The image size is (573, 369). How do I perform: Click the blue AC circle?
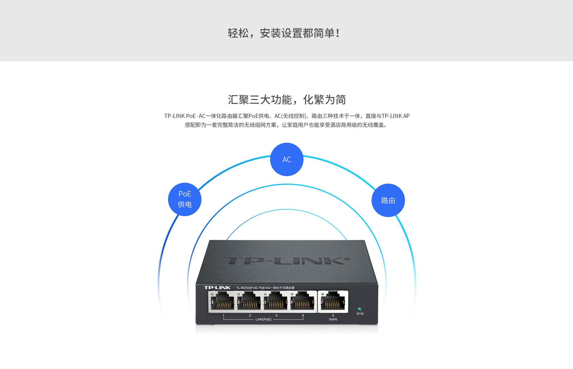coord(286,159)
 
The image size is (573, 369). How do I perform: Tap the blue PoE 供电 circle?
coord(185,199)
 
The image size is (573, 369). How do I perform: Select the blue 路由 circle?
coord(388,200)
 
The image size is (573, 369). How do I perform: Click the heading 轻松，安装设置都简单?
coord(284,33)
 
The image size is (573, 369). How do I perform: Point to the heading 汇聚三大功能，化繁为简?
coord(286,100)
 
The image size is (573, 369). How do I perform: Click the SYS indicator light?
coord(359,309)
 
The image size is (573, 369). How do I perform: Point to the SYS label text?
coord(360,314)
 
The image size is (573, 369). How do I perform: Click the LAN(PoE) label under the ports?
coord(264,319)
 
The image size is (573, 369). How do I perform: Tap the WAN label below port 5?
coord(333,319)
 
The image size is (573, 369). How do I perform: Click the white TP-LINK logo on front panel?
coord(217,288)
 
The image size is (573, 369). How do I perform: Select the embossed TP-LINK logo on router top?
coord(286,261)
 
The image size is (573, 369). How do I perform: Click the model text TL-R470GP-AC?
coord(247,288)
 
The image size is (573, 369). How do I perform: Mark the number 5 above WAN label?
coord(333,315)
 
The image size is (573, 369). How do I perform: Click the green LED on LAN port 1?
coord(212,294)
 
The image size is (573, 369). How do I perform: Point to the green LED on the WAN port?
coord(323,294)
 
